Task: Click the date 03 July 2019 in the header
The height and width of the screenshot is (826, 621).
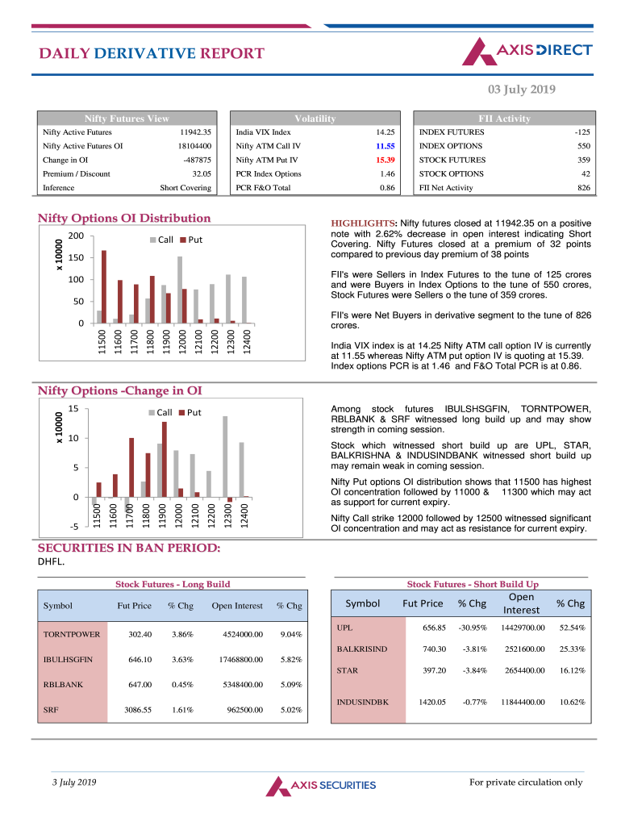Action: [x=521, y=90]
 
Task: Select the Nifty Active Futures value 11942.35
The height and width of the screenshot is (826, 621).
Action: [x=195, y=132]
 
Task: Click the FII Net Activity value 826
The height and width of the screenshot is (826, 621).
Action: [x=583, y=188]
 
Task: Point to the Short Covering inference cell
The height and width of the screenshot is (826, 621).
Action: [x=185, y=188]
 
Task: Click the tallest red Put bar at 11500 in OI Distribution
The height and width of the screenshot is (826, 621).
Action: [x=104, y=286]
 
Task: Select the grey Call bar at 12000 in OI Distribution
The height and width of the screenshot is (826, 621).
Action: [x=179, y=290]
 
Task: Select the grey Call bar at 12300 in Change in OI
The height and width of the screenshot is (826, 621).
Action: [x=225, y=456]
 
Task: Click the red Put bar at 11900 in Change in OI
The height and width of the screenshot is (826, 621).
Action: [x=165, y=459]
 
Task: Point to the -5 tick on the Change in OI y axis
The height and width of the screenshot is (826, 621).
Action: [x=73, y=527]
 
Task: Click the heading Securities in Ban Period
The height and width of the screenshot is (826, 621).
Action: [x=129, y=548]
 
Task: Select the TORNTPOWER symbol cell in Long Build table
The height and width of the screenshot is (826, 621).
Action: [x=72, y=634]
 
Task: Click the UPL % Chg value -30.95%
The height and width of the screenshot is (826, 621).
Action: [x=471, y=628]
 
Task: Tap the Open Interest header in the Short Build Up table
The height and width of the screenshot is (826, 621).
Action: [x=521, y=604]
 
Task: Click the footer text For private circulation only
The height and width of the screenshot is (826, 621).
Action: [x=526, y=782]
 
